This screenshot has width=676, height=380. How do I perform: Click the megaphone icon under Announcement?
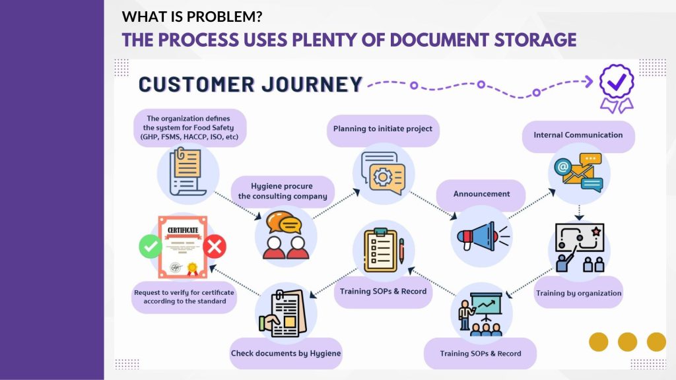[483, 237]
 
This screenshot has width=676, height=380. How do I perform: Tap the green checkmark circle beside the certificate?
[151, 247]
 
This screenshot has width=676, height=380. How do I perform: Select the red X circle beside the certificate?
[215, 247]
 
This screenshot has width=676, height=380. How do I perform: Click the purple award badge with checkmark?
[617, 88]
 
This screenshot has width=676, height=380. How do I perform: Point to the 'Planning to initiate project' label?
[383, 129]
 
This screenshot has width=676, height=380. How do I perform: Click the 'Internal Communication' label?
[578, 135]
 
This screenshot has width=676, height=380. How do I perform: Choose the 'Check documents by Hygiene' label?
[286, 354]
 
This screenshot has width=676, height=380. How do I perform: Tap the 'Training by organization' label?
[578, 293]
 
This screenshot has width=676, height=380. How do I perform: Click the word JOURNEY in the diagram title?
[312, 84]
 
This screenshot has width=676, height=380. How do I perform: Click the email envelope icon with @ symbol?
[578, 173]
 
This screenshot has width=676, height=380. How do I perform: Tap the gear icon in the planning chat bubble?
[382, 177]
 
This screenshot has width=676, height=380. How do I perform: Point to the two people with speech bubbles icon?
[285, 235]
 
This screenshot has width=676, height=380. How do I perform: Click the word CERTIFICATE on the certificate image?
[183, 230]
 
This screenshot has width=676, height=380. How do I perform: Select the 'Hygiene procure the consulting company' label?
[283, 191]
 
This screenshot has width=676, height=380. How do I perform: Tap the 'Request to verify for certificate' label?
[184, 292]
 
